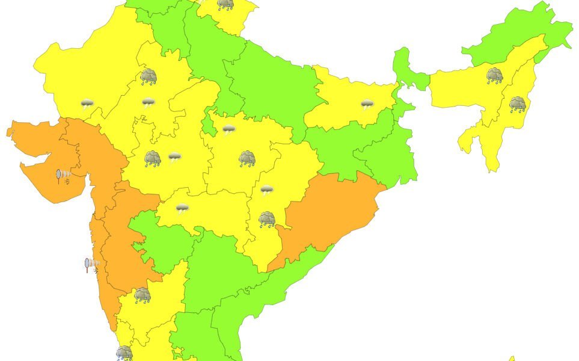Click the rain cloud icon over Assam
click(x=494, y=75)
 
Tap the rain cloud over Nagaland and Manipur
click(x=517, y=105)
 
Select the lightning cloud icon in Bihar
click(x=367, y=105)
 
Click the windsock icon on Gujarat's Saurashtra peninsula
click(x=63, y=176)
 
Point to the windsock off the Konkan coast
click(x=91, y=264)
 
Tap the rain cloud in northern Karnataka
click(x=142, y=295)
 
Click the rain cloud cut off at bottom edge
click(x=124, y=353)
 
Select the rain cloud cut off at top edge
click(x=225, y=5)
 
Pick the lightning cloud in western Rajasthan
click(x=87, y=103)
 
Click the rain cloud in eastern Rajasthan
click(x=148, y=76)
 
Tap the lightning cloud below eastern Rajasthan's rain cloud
click(x=148, y=103)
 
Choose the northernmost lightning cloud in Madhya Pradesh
click(x=228, y=129)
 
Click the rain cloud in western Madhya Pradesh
click(x=153, y=159)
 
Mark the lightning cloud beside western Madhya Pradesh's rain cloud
click(x=174, y=158)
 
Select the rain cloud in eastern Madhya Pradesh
click(x=247, y=159)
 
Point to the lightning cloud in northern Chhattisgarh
click(x=266, y=191)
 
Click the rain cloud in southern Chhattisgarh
click(x=267, y=220)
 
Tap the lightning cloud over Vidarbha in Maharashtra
click(x=182, y=209)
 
